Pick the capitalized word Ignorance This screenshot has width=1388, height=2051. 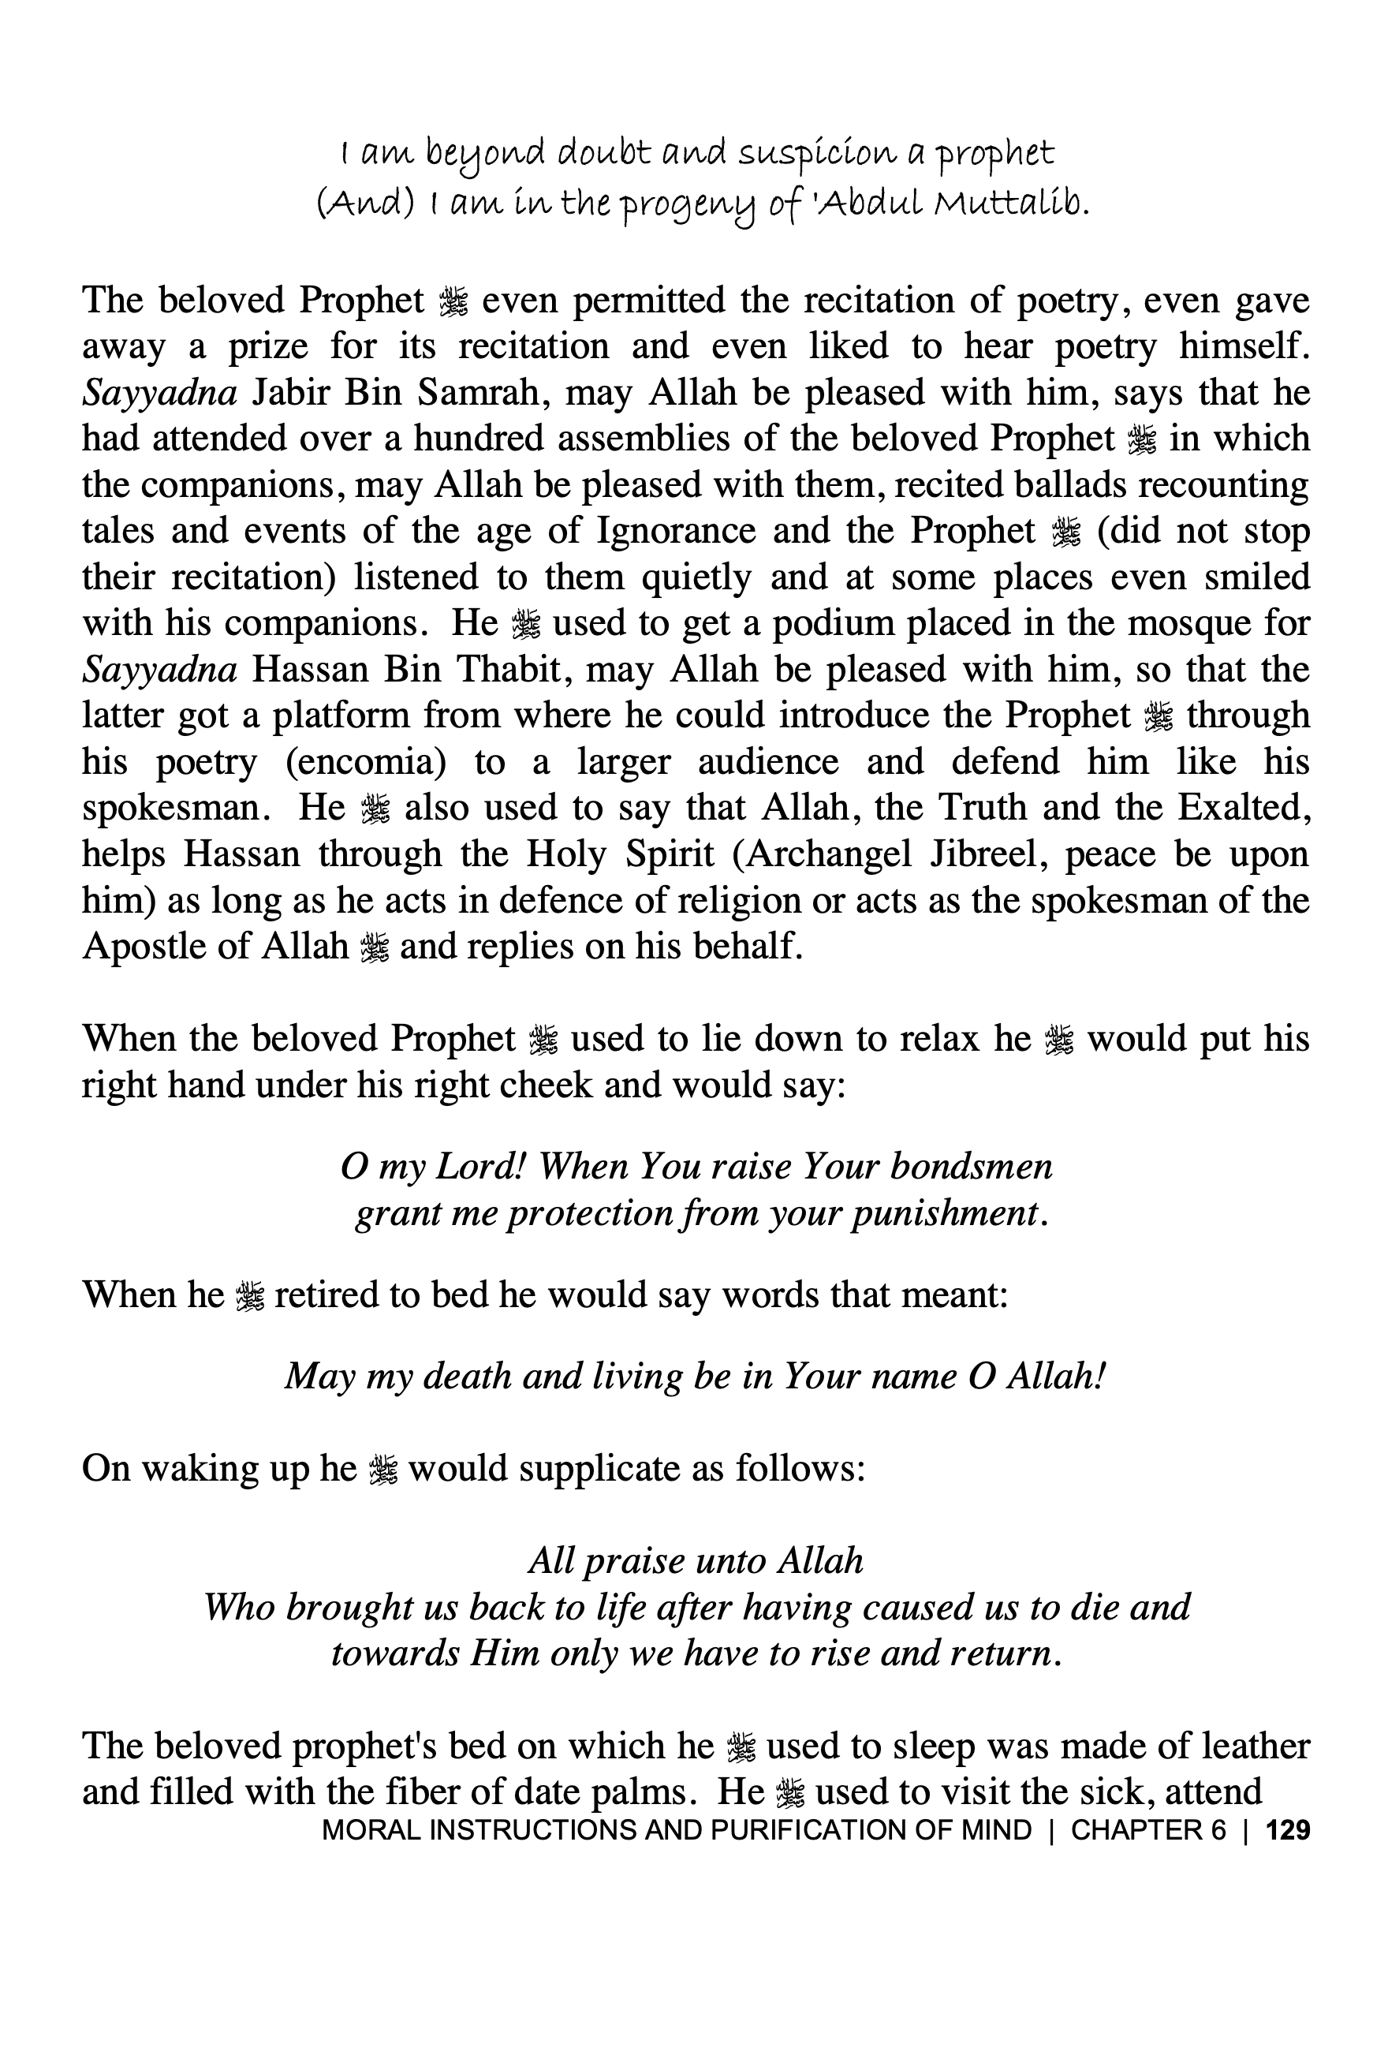[676, 530]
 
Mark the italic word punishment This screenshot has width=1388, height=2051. [944, 1213]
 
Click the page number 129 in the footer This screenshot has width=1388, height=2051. [1287, 1829]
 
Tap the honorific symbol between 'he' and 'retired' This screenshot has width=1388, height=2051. [250, 1296]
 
